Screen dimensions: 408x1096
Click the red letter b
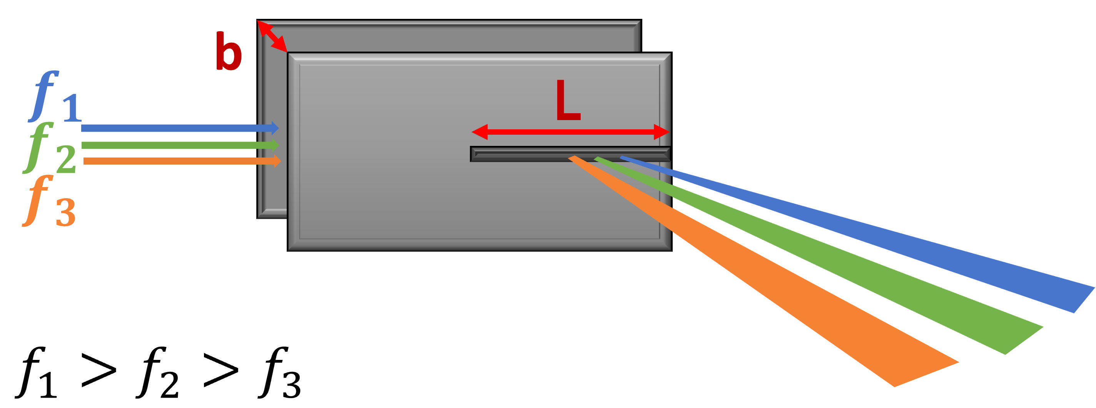click(x=228, y=52)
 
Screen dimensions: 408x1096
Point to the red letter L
click(x=568, y=100)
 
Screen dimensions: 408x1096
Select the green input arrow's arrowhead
click(x=275, y=145)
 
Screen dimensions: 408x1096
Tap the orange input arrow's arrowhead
click(x=277, y=161)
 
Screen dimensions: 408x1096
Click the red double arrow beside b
click(x=272, y=37)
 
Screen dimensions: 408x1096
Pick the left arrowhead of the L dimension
click(x=479, y=132)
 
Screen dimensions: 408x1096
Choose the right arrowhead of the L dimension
click(x=662, y=132)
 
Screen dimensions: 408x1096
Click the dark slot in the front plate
click(x=570, y=154)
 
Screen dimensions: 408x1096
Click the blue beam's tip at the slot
click(x=624, y=158)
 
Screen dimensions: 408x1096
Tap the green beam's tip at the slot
click(x=598, y=158)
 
